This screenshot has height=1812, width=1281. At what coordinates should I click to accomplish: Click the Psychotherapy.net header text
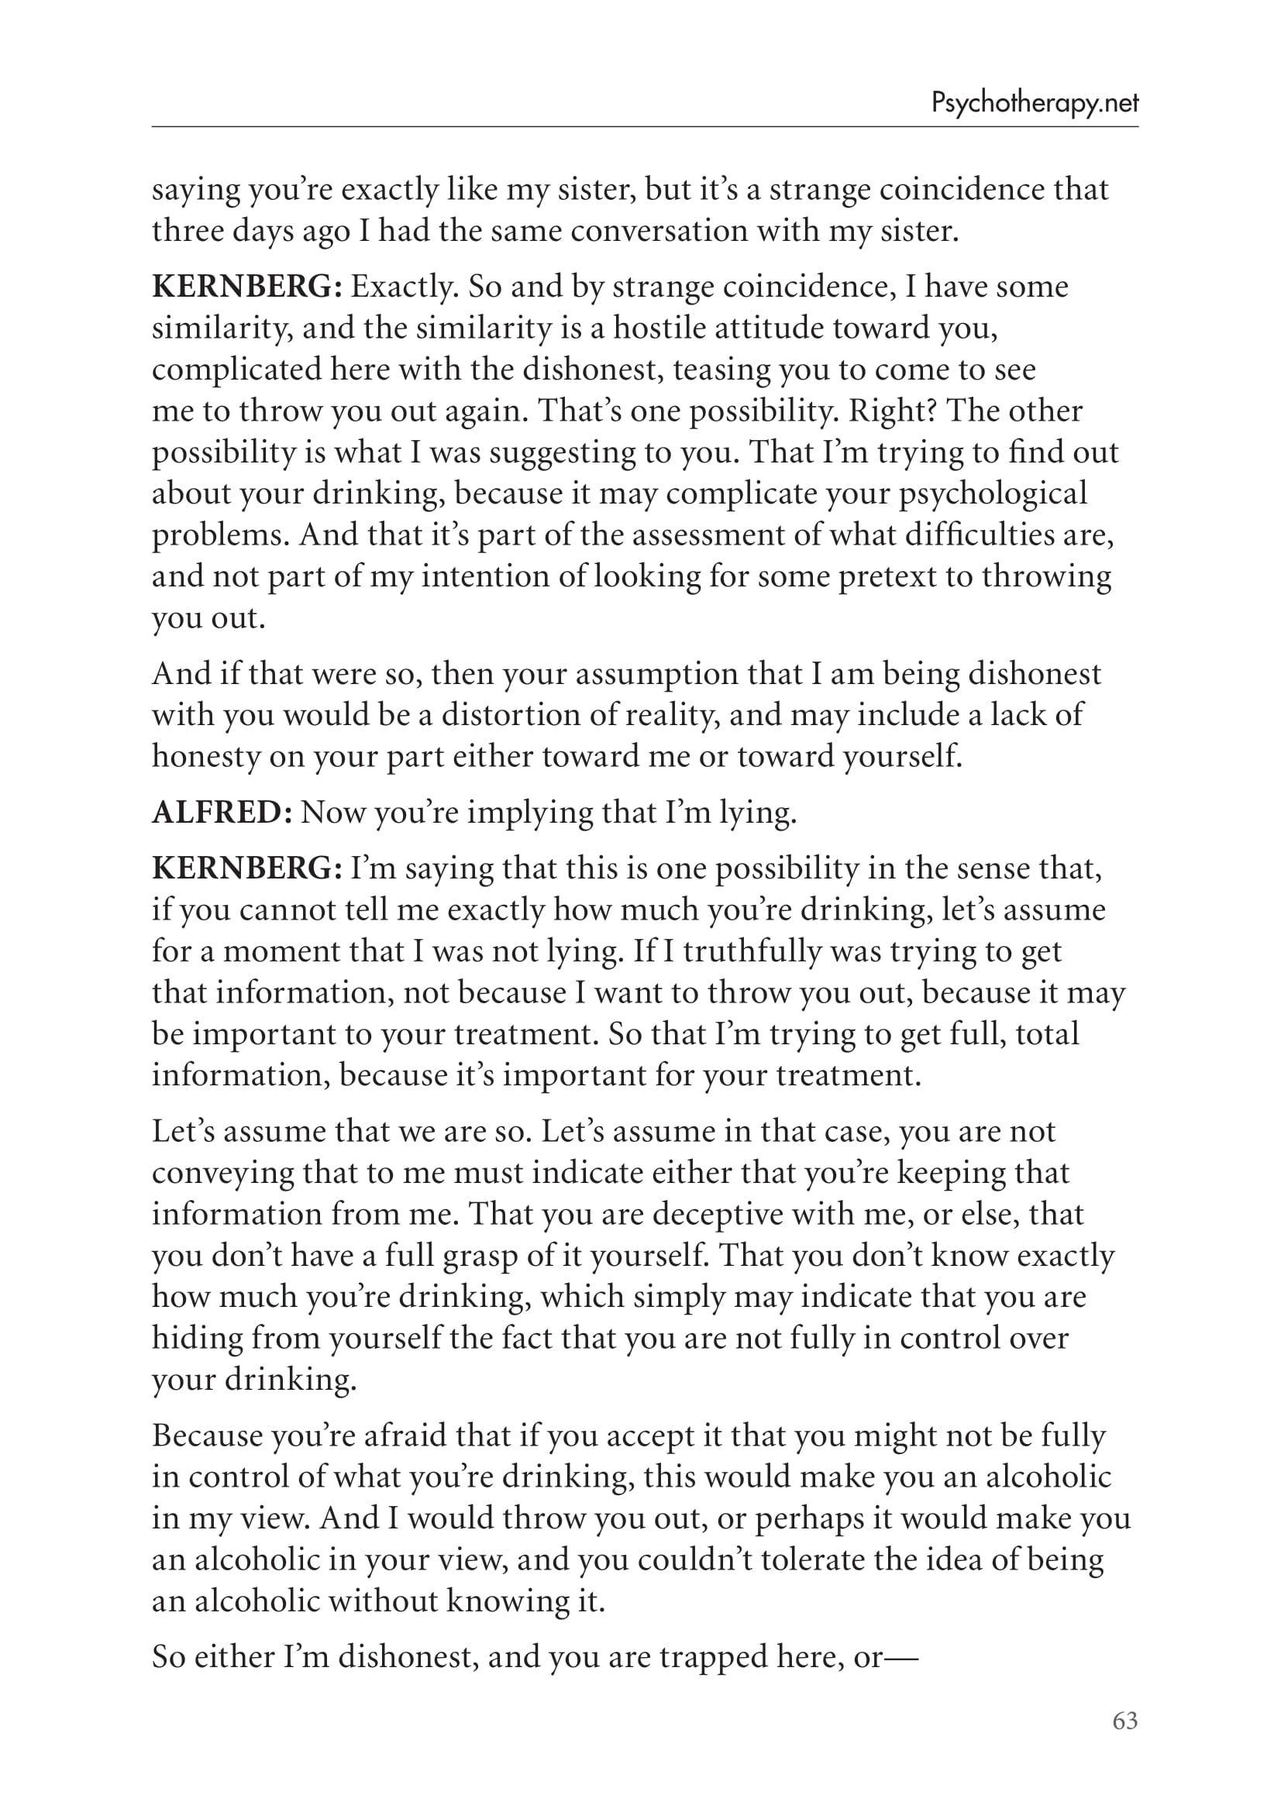[x=1035, y=103]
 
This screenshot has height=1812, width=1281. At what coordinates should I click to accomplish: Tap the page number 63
[x=1124, y=1721]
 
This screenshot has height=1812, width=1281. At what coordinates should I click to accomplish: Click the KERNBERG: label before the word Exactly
[x=246, y=287]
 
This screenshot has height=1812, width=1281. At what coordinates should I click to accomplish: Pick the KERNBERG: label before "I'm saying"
[x=246, y=868]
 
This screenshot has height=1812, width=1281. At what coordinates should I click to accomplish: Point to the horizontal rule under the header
[x=644, y=127]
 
